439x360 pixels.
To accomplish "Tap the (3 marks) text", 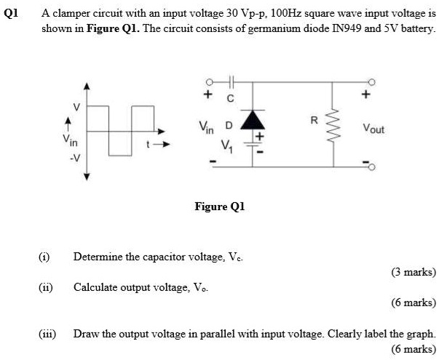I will (413, 272).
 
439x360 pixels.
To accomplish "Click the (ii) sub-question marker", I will (44, 287).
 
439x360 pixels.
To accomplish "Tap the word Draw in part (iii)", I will (85, 333).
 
